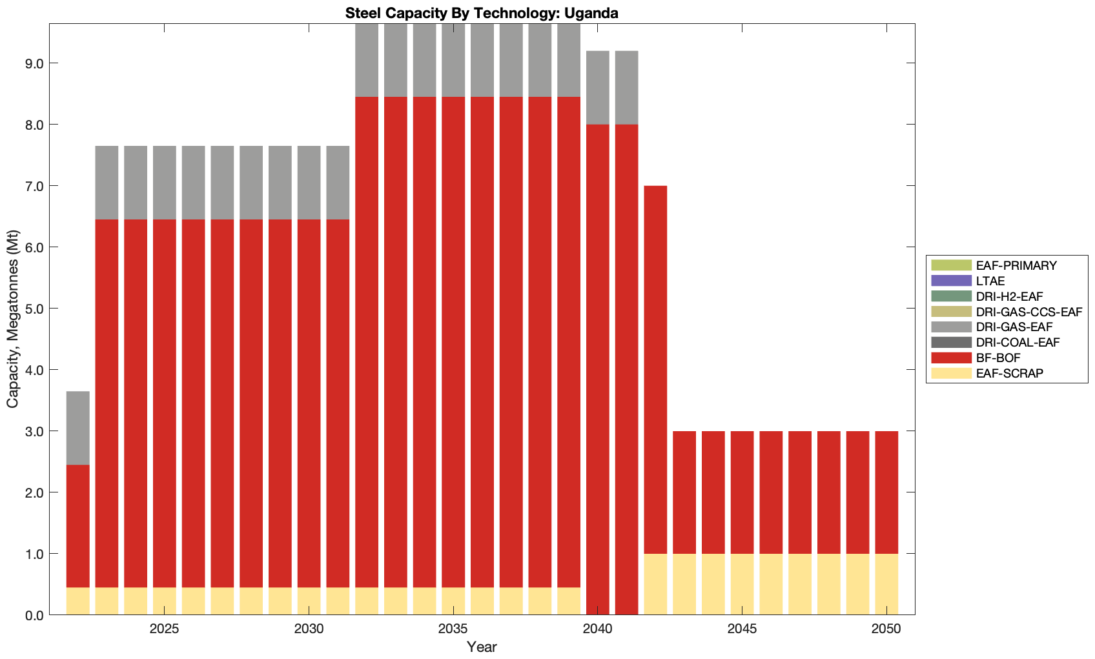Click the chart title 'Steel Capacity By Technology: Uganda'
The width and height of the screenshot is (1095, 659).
tap(482, 13)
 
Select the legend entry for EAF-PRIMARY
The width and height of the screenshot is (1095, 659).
tap(1016, 265)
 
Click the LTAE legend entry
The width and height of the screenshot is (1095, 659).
tap(990, 281)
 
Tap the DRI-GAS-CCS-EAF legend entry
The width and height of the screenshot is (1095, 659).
tap(1028, 312)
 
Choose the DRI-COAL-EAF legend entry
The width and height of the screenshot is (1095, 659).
tap(1018, 342)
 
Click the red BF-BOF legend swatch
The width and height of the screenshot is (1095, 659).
tap(951, 358)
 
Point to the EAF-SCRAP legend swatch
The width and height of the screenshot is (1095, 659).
tap(951, 373)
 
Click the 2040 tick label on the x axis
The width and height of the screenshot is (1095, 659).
tap(598, 629)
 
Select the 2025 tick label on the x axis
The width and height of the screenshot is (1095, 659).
tap(165, 629)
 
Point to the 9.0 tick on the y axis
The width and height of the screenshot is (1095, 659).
tap(34, 63)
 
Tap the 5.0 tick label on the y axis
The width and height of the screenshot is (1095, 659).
tap(34, 309)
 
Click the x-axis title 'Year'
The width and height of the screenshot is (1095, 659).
tap(482, 647)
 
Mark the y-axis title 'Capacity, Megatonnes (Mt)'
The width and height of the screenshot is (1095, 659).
tap(13, 319)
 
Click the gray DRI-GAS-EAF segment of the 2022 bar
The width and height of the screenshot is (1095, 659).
tap(78, 428)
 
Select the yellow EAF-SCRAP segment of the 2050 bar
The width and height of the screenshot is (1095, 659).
tap(886, 584)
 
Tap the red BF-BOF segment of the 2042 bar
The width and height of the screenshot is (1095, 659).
tap(655, 369)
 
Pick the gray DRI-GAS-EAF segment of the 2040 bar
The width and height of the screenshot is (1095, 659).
tap(598, 87)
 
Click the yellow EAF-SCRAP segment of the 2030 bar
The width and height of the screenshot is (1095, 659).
tap(309, 601)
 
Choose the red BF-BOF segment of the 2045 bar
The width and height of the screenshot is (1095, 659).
tap(742, 492)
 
